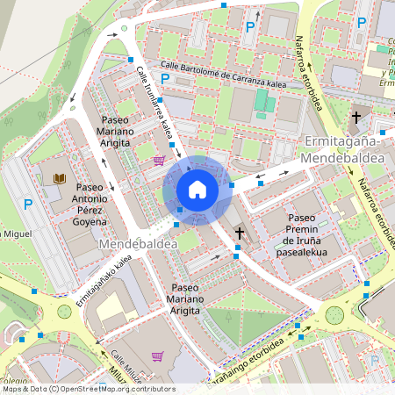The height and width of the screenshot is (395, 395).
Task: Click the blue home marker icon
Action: click(197, 189)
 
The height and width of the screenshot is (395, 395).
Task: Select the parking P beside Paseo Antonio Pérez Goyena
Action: click(28, 205)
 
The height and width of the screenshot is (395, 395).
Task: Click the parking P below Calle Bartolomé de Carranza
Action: click(163, 80)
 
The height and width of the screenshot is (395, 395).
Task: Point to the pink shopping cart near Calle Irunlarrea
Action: click(159, 160)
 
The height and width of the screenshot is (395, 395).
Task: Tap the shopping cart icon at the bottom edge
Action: click(157, 356)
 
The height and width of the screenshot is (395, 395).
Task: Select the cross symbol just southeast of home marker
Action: click(240, 233)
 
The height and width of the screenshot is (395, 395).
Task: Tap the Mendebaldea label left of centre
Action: click(133, 242)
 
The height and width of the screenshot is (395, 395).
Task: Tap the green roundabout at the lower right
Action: click(334, 314)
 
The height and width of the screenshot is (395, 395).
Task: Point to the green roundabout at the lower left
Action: click(64, 312)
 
